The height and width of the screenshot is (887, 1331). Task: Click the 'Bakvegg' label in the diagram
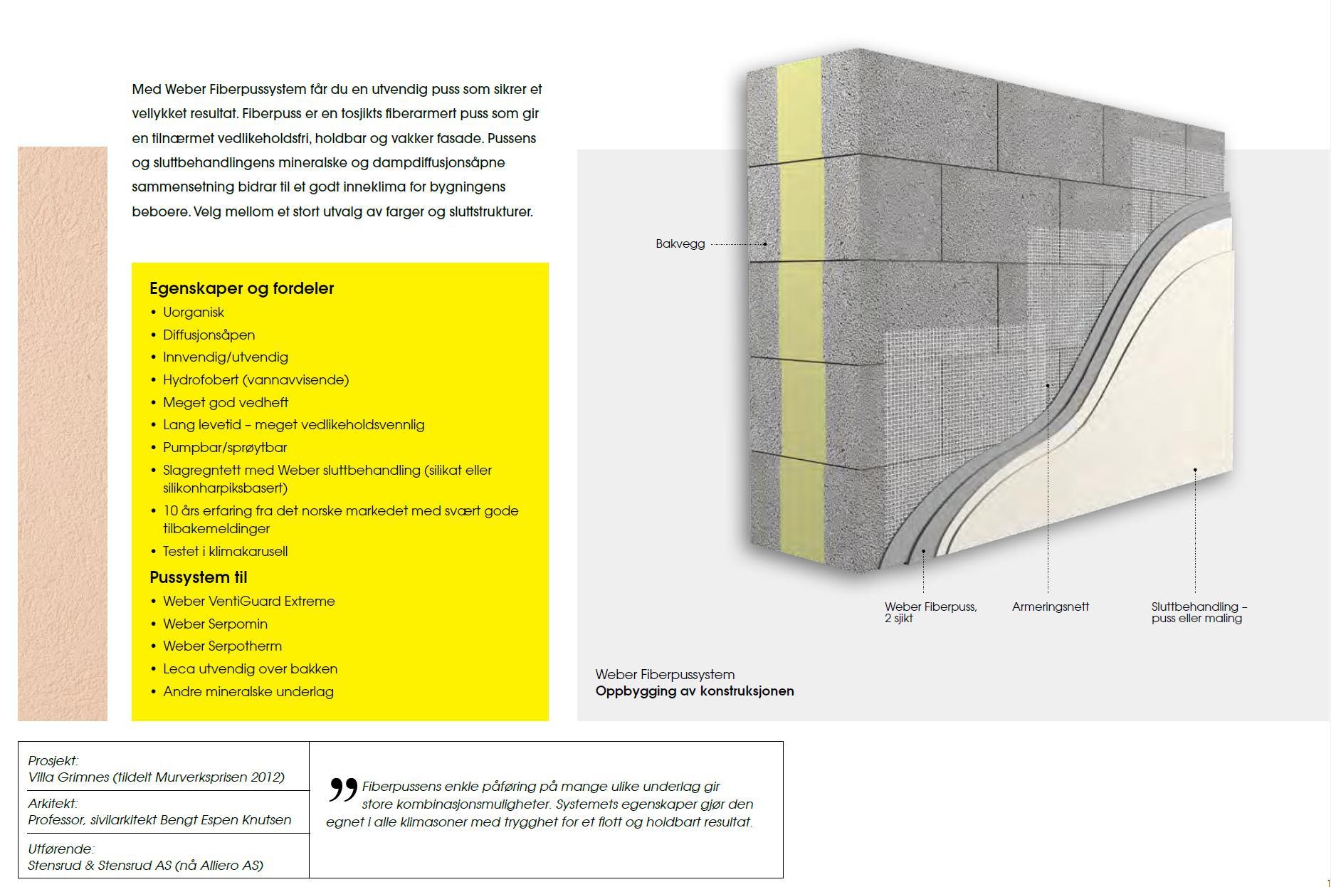(680, 243)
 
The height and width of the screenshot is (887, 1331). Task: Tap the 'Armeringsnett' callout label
(1050, 607)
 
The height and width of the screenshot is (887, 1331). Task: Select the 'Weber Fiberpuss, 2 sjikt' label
(930, 612)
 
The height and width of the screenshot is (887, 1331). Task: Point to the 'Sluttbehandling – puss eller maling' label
(1199, 612)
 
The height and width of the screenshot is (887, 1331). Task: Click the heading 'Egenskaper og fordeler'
(241, 288)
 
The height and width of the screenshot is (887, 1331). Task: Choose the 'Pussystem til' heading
(198, 577)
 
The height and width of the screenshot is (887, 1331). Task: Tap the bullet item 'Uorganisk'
(193, 312)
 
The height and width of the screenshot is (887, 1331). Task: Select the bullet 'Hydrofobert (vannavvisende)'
(256, 379)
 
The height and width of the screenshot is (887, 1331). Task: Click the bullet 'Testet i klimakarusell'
(225, 551)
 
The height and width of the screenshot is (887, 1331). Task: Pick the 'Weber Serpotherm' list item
(222, 646)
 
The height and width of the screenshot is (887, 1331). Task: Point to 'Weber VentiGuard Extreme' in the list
(248, 601)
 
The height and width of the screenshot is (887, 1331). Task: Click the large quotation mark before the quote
(342, 790)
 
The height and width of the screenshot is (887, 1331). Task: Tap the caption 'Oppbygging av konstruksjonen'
(694, 691)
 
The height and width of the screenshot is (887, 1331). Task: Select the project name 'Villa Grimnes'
(69, 777)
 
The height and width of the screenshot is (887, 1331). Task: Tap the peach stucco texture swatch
(63, 434)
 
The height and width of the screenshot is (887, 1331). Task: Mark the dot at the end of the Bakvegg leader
(765, 244)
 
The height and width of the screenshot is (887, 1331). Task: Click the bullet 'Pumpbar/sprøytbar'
(225, 447)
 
